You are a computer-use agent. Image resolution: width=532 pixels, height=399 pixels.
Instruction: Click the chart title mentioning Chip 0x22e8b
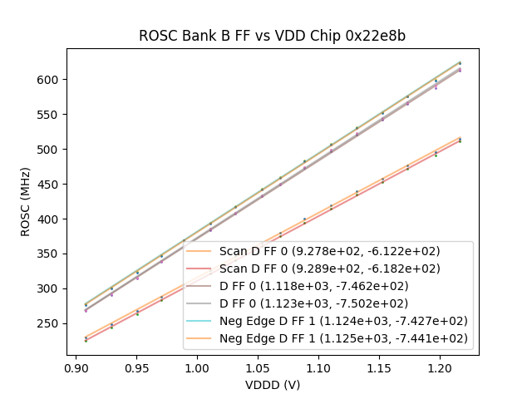(x=272, y=36)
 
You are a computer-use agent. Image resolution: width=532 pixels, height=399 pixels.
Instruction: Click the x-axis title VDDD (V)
(x=272, y=385)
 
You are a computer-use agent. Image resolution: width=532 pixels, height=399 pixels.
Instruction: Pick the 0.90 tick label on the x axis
(x=76, y=367)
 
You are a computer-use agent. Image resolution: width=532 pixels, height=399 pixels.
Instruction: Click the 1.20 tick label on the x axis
(x=439, y=367)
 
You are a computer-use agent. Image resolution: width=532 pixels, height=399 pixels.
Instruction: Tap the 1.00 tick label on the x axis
(x=197, y=367)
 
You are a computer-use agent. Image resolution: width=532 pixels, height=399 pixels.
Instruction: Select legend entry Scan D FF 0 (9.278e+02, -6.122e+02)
(x=329, y=251)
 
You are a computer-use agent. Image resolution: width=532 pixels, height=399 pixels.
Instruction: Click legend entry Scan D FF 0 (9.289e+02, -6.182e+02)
(x=329, y=268)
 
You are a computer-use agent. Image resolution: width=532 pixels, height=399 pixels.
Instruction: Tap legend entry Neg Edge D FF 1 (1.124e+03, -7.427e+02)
(x=343, y=321)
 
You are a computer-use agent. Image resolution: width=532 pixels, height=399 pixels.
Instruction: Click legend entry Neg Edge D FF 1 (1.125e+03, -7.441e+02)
(x=343, y=338)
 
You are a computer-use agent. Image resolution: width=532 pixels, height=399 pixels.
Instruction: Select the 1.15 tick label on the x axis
(x=378, y=367)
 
